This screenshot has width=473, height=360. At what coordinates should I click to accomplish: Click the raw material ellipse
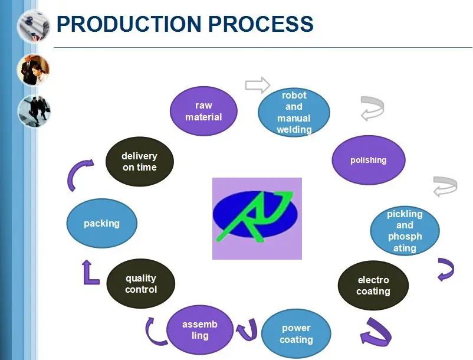click(203, 111)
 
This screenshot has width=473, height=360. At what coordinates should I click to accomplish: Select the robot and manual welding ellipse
click(294, 112)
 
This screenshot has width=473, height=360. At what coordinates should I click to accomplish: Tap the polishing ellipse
click(369, 160)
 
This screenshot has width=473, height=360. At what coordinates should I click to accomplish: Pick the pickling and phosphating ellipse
click(405, 231)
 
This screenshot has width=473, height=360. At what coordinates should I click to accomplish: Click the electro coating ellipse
click(373, 286)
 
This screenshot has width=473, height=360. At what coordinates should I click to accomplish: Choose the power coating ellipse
click(296, 334)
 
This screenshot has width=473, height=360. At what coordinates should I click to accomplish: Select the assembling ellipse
click(200, 330)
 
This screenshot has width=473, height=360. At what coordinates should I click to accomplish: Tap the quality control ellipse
click(141, 284)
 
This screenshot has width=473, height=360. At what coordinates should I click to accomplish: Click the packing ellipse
click(101, 223)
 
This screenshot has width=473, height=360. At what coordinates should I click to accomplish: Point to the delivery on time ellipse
click(140, 162)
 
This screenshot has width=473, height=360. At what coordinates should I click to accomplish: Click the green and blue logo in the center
click(257, 218)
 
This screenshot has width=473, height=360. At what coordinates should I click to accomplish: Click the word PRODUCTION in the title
click(129, 24)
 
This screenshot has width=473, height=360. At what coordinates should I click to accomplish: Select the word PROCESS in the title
click(261, 24)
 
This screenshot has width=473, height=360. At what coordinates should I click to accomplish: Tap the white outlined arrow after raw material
click(258, 85)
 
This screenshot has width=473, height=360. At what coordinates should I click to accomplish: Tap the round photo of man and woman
click(33, 70)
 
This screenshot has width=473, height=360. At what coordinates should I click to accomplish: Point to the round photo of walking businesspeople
click(34, 111)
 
